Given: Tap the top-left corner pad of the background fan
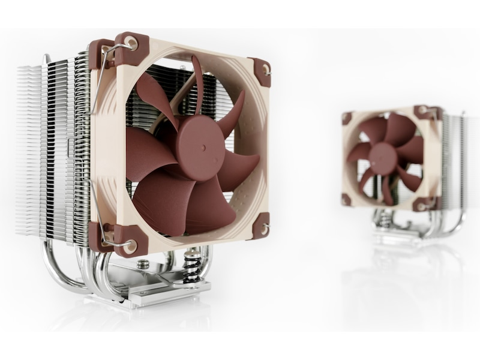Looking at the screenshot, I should tap(347, 116).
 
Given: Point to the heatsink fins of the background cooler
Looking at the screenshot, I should tap(453, 156).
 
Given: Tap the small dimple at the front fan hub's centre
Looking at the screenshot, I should tap(203, 145).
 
